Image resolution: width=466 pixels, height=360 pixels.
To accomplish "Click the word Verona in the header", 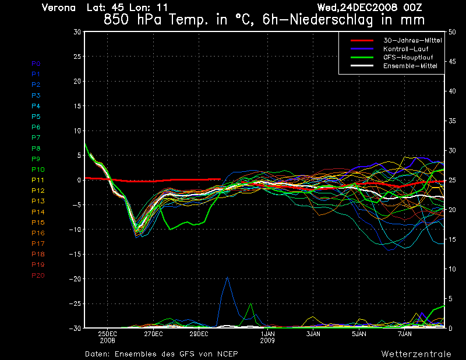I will pyautogui.click(x=59, y=8).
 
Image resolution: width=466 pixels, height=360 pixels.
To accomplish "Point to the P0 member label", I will pyautogui.click(x=36, y=63).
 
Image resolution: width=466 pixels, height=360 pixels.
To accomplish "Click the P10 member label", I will pyautogui.click(x=38, y=170).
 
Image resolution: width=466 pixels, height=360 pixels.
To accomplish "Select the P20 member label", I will pyautogui.click(x=38, y=275).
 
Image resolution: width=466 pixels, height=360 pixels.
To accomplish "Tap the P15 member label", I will pyautogui.click(x=38, y=223).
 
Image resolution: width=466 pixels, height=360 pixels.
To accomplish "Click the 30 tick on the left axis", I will pyautogui.click(x=77, y=32).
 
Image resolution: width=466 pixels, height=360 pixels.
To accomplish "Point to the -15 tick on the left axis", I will pyautogui.click(x=75, y=254).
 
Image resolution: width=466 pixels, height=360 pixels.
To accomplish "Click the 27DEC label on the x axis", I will pyautogui.click(x=153, y=334).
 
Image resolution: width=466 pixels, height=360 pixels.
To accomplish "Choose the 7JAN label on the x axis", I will pyautogui.click(x=405, y=334).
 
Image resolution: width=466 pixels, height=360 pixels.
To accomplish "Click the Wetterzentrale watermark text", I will pyautogui.click(x=416, y=354).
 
